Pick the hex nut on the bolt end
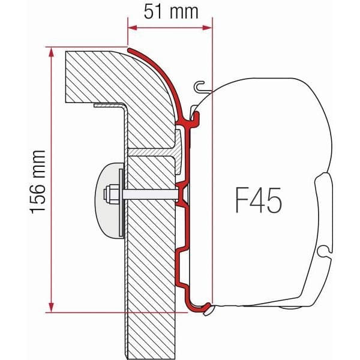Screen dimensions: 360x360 tap(112, 194)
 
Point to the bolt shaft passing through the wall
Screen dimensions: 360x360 tap(150, 194)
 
